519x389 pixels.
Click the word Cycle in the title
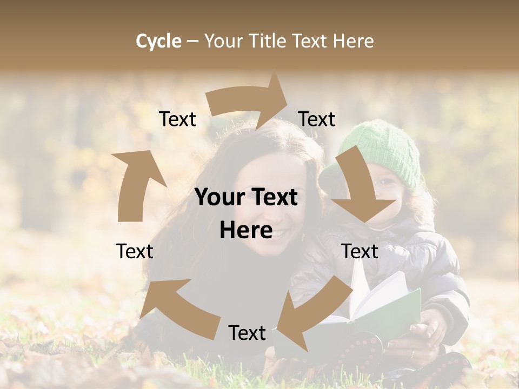click(158, 41)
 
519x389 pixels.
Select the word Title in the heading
click(268, 41)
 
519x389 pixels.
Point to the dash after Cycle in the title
click(192, 42)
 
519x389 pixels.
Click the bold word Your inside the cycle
click(219, 198)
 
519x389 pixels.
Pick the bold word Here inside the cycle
click(246, 231)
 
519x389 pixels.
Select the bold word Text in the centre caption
click(273, 198)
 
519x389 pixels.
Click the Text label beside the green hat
click(316, 119)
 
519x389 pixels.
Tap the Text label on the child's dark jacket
click(360, 251)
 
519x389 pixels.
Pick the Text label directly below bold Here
click(247, 333)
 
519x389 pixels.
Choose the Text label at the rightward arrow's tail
click(177, 119)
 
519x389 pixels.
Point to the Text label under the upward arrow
click(135, 251)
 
